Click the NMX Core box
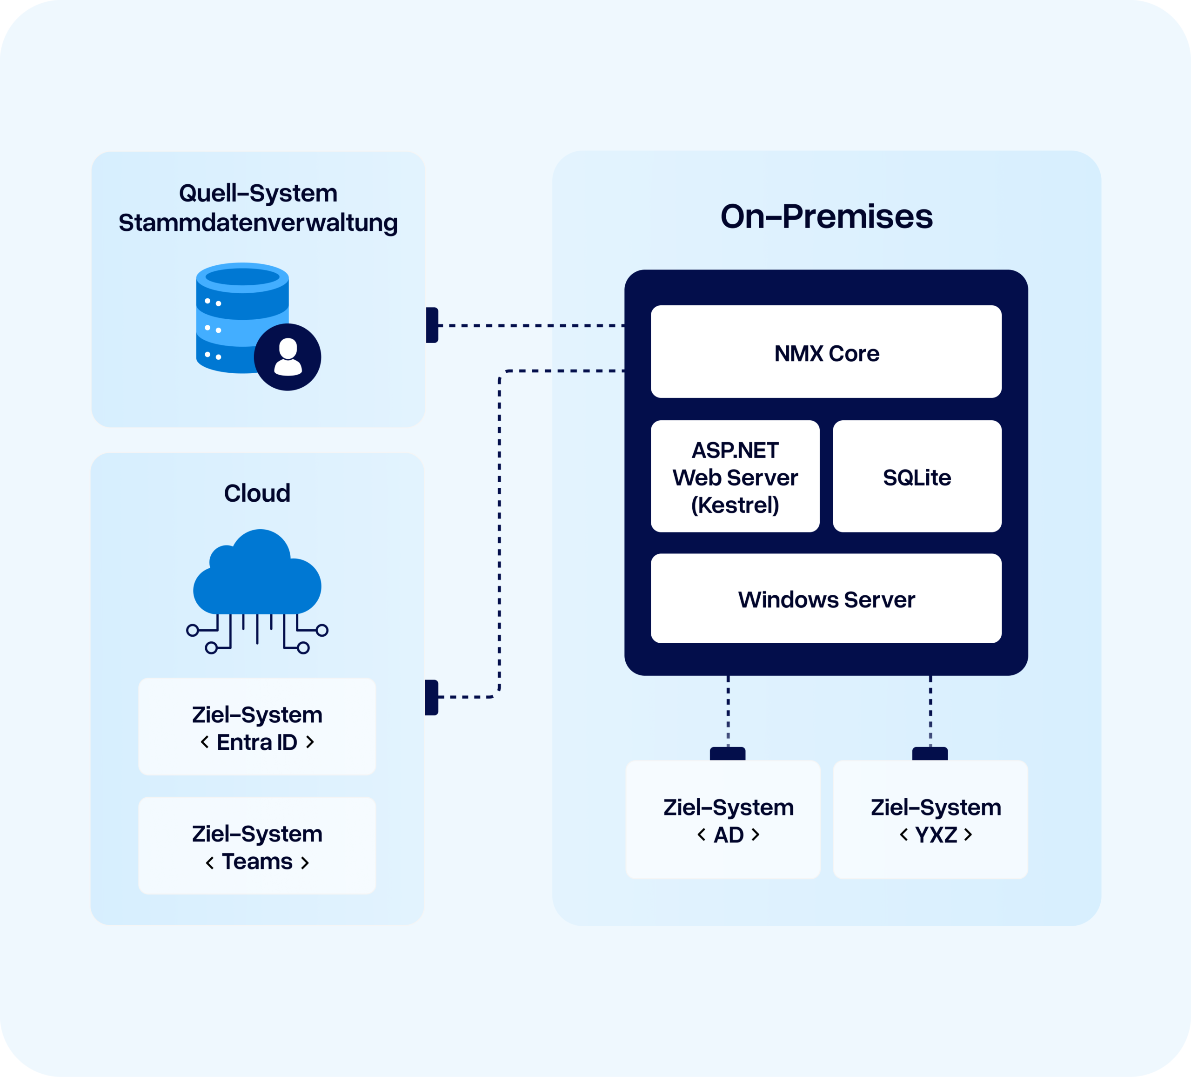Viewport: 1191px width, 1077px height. tap(826, 352)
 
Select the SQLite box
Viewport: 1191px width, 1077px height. tap(917, 477)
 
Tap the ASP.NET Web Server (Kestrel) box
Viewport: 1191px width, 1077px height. tap(735, 477)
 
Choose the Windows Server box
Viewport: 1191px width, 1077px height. tap(826, 599)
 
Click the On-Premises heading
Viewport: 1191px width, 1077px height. tap(826, 216)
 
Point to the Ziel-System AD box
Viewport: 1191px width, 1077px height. tap(723, 820)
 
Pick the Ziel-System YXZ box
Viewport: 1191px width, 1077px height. tap(930, 820)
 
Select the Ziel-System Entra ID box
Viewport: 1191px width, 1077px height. tap(257, 727)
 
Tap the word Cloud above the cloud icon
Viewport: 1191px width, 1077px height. tap(257, 493)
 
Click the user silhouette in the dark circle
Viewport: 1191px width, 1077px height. tap(288, 357)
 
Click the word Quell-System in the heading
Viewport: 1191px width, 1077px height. tap(258, 193)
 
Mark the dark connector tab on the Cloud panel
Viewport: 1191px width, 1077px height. tap(432, 698)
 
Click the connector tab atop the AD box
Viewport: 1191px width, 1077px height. tap(728, 754)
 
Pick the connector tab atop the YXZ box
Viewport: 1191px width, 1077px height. tap(930, 754)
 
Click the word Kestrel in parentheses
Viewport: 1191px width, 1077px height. tap(735, 505)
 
